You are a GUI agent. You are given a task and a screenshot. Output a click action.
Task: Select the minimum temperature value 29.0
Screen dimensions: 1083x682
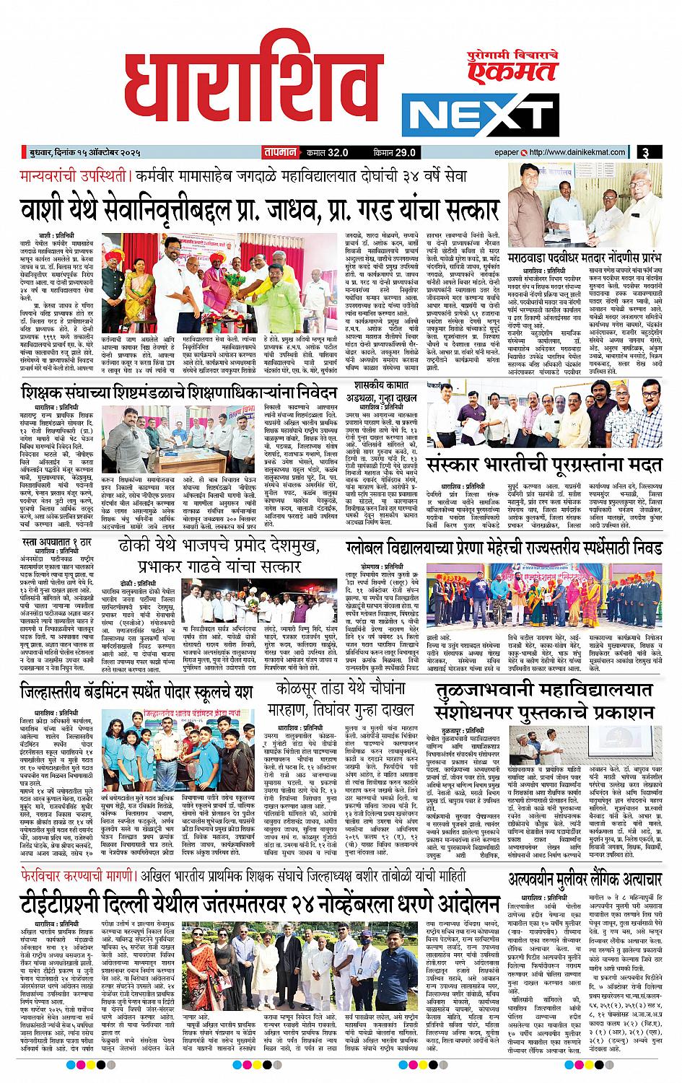point(405,152)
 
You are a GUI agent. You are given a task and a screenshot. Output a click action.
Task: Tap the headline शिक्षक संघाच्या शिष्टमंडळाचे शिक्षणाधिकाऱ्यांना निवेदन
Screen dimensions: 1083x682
point(179,393)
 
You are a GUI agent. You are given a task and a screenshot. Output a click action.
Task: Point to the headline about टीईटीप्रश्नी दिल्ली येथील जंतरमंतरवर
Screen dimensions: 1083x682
point(260,903)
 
